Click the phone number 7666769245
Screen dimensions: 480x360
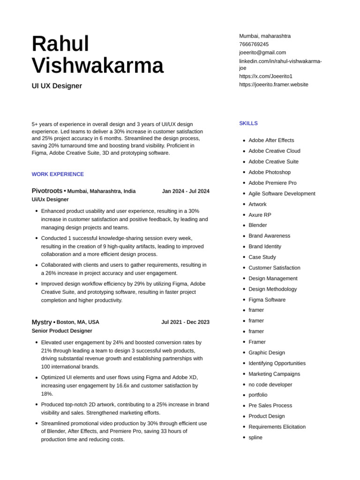[x=254, y=44]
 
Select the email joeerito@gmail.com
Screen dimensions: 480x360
[x=262, y=52]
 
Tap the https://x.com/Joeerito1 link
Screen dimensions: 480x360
[x=266, y=76]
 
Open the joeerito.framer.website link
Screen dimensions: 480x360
[x=274, y=84]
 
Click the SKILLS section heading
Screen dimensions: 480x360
[x=248, y=123]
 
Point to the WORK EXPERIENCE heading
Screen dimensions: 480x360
[x=58, y=174]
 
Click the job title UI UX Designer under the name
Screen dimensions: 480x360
[x=57, y=86]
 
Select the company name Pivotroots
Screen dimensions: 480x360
[x=47, y=191]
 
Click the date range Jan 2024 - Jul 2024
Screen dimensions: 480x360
[x=186, y=191]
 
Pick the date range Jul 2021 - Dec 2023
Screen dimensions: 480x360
[x=185, y=322]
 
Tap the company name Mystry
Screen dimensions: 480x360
[x=42, y=322]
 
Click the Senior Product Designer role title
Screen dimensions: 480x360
[x=62, y=330]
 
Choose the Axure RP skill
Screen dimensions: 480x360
[x=260, y=215]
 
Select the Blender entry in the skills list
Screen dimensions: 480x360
[x=258, y=225]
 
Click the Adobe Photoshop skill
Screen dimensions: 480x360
[x=270, y=172]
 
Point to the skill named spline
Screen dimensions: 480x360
[x=255, y=437]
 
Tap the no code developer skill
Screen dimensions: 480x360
[x=270, y=384]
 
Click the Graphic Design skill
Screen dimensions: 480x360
[x=267, y=352]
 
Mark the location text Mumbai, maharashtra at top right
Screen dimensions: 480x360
[x=265, y=36]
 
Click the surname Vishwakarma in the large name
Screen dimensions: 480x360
[x=97, y=65]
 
